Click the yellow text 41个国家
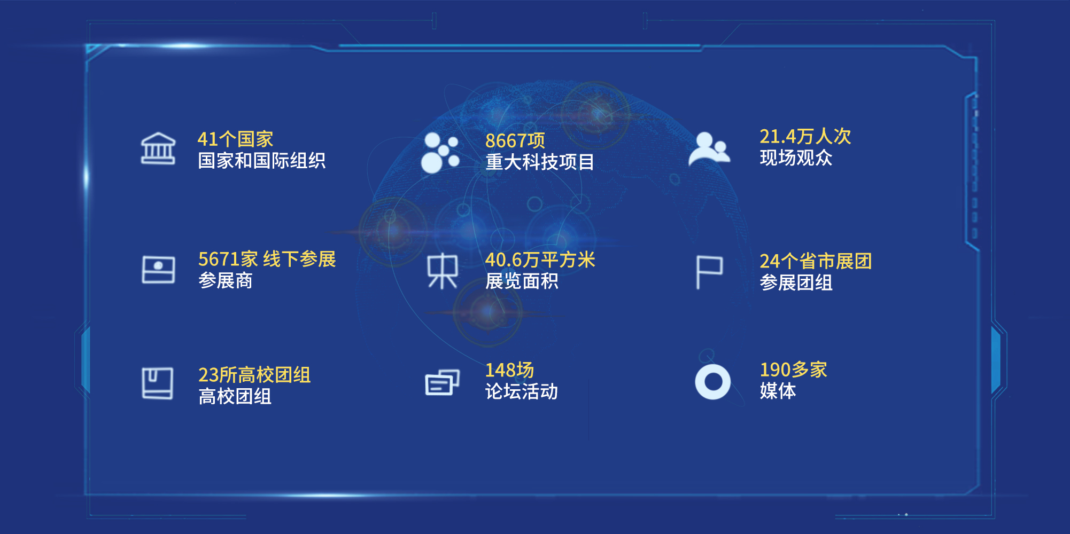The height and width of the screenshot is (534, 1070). (235, 139)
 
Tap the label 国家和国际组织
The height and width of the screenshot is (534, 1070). (261, 161)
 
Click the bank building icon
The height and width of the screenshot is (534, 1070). (158, 148)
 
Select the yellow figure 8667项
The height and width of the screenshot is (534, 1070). (515, 141)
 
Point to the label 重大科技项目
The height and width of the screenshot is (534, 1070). (539, 162)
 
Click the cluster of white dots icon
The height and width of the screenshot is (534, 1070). (440, 153)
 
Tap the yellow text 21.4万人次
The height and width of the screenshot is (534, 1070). (805, 137)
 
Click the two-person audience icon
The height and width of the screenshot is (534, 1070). (709, 148)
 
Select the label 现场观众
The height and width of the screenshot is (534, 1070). (796, 158)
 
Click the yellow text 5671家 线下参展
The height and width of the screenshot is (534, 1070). (267, 260)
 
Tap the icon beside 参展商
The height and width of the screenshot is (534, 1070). (158, 270)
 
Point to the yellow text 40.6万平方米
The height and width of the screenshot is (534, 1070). (540, 260)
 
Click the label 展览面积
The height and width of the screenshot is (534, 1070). (521, 281)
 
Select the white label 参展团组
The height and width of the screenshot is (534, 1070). (796, 283)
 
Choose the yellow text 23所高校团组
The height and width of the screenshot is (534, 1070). (254, 375)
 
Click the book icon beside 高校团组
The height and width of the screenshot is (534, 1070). (158, 383)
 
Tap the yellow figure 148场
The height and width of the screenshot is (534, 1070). (509, 370)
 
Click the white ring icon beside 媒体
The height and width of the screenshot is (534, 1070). (712, 382)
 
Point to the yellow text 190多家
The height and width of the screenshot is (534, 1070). (793, 370)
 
